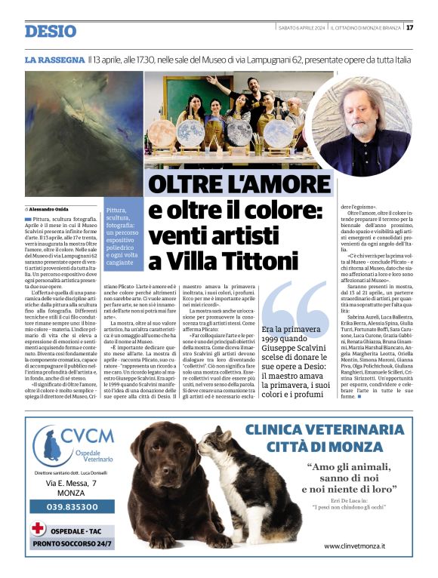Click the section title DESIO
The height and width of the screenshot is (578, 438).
coord(51,31)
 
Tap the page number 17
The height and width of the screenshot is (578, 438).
coord(409,28)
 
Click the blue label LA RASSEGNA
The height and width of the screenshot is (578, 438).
coord(54,59)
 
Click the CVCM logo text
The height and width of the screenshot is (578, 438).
coord(88,435)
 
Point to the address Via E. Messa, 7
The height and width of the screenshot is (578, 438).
coord(71,482)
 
